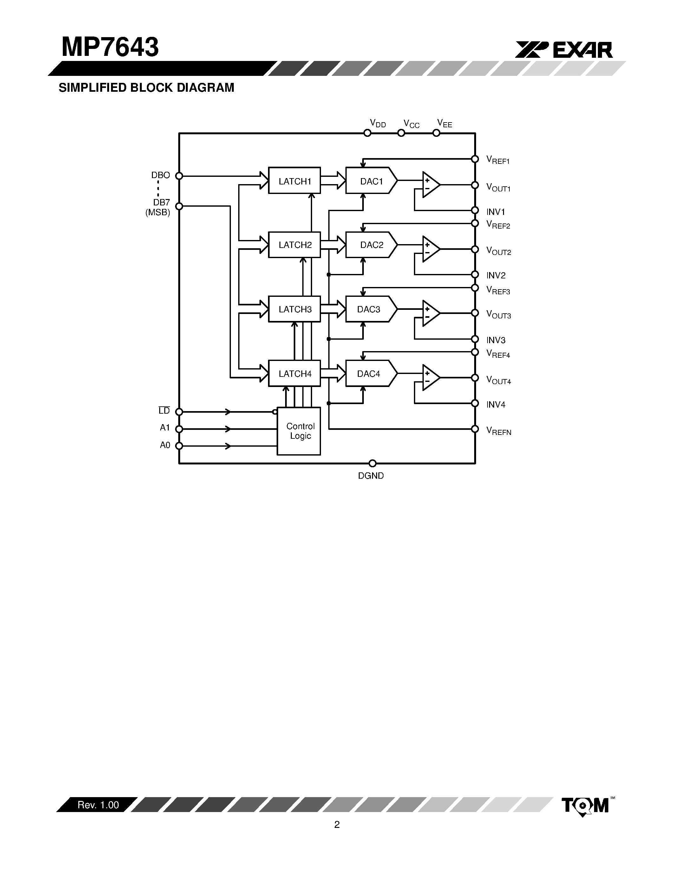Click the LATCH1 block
click(x=294, y=180)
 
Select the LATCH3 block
click(x=294, y=309)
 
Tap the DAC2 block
click(x=370, y=245)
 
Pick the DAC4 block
click(x=370, y=373)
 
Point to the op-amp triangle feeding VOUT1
click(x=430, y=185)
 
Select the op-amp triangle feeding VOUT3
click(x=430, y=313)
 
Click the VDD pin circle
click(x=367, y=133)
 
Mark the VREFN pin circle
click(x=475, y=429)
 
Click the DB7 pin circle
click(x=179, y=206)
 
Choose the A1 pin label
click(x=165, y=428)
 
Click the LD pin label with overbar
click(x=164, y=411)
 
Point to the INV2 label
click(x=495, y=276)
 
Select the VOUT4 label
click(x=498, y=380)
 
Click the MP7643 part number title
click(x=110, y=47)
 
